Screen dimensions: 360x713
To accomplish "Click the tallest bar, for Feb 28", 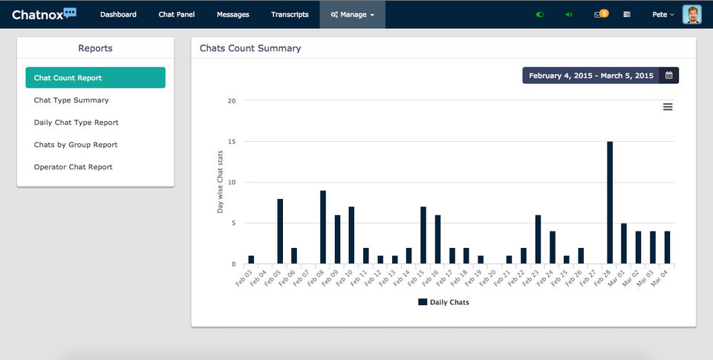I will pos(610,203).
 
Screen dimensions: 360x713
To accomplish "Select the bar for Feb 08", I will pos(323,227).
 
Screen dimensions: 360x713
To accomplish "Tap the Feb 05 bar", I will pos(280,231).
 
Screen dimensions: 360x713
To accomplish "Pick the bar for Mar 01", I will pos(624,243).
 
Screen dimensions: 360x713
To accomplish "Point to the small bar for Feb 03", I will pos(251,260).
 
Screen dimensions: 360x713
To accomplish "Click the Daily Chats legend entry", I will pos(443,302).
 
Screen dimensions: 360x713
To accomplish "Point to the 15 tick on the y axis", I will pos(232,142).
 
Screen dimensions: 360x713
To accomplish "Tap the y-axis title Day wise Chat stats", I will pos(220,182).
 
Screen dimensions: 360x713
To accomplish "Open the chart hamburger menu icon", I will pos(668,107).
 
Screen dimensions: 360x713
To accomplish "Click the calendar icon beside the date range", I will pos(669,76).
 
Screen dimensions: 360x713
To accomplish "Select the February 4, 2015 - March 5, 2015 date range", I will pos(591,76).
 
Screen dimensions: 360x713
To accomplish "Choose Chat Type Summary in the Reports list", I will pos(71,100).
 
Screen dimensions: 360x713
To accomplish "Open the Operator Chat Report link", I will pos(74,167).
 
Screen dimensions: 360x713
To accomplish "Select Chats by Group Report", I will pos(76,145).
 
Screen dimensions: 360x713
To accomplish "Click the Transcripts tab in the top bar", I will pos(290,14).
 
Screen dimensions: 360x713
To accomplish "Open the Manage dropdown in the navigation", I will pos(352,14).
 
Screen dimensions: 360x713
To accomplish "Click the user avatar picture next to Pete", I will pos(691,14).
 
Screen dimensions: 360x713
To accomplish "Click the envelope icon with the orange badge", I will pos(599,14).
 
